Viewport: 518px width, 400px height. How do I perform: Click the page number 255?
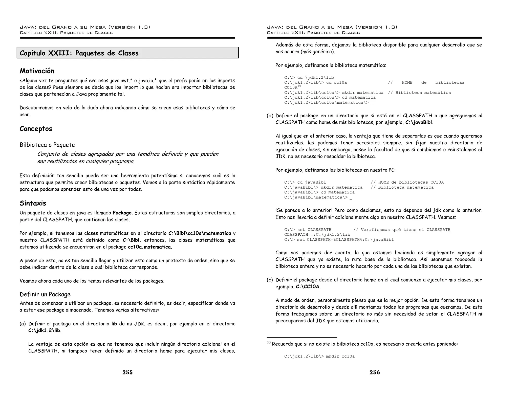point(127,372)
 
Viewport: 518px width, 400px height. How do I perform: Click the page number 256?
point(375,372)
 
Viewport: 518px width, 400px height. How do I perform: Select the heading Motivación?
point(37,71)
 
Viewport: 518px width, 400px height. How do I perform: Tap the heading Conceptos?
point(36,129)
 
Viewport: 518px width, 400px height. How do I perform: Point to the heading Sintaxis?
point(33,203)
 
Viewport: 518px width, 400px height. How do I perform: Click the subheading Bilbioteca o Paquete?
point(47,145)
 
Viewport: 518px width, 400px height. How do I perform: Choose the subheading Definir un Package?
point(45,295)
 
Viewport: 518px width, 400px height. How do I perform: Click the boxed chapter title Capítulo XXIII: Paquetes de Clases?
point(79,53)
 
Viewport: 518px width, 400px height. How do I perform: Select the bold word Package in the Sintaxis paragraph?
point(122,213)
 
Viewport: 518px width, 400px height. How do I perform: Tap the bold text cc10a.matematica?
point(149,247)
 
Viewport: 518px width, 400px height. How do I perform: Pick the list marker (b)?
point(270,116)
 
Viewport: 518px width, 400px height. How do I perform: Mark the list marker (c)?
point(270,280)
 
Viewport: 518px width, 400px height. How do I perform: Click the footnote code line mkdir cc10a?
point(319,357)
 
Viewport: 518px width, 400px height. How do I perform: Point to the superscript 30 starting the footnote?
point(269,343)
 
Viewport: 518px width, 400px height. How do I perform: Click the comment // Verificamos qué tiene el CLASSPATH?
point(402,230)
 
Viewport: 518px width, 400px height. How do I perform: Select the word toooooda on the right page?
point(465,259)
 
